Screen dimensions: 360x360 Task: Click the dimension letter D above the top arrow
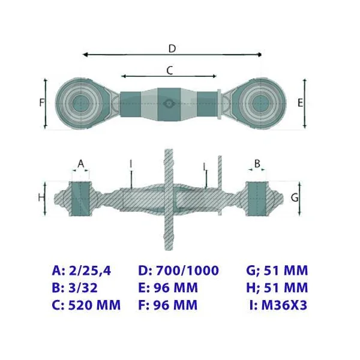tap(172, 49)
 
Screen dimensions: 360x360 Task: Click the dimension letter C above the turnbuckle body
tap(170, 70)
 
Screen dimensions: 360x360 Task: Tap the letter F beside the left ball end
tap(42, 103)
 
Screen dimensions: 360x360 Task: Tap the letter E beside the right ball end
tap(300, 103)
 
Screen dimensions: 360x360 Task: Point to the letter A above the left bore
tap(81, 164)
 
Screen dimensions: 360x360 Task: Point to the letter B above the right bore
tap(257, 163)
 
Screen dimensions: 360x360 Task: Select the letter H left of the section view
tap(41, 197)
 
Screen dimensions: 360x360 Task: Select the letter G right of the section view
tap(295, 197)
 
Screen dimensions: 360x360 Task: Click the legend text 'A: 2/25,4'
tap(82, 271)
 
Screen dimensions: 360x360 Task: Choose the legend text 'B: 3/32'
tap(75, 287)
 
